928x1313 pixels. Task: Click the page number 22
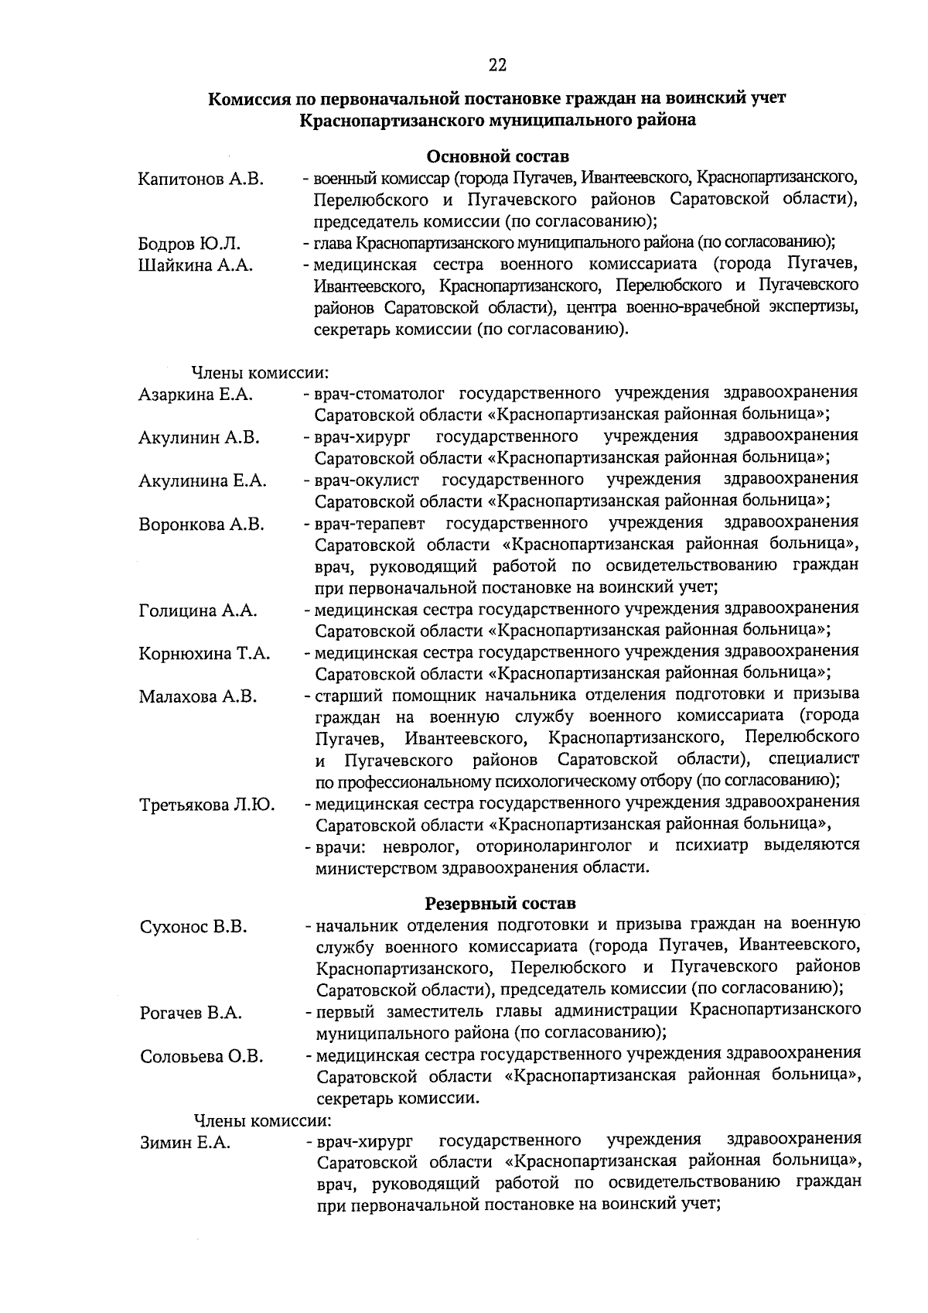497,66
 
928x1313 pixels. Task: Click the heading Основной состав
499,158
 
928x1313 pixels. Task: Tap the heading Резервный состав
500,903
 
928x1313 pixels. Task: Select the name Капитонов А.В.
201,180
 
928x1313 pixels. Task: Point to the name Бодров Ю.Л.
189,244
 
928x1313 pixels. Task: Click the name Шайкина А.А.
196,266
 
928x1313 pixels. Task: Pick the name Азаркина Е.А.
196,395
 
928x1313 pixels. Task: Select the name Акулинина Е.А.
203,481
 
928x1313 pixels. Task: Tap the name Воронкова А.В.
202,525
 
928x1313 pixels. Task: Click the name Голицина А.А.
198,610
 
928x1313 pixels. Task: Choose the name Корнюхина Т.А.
204,654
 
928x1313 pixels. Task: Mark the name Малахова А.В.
198,696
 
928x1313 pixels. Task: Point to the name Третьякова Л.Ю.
206,805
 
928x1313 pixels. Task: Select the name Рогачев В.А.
191,1013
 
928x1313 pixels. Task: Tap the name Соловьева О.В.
202,1056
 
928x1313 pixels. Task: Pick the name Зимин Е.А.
186,1142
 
